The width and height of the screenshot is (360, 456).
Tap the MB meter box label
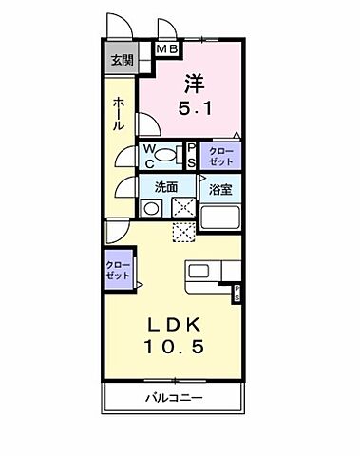167,49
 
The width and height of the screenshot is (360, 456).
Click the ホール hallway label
118,112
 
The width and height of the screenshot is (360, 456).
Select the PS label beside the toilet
190,156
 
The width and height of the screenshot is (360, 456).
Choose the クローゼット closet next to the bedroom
220,155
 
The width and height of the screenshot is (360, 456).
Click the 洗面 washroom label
167,185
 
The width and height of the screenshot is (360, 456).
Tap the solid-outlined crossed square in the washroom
183,208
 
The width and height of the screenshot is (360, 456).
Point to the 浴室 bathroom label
221,188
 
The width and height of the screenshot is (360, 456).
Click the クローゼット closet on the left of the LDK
118,269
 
